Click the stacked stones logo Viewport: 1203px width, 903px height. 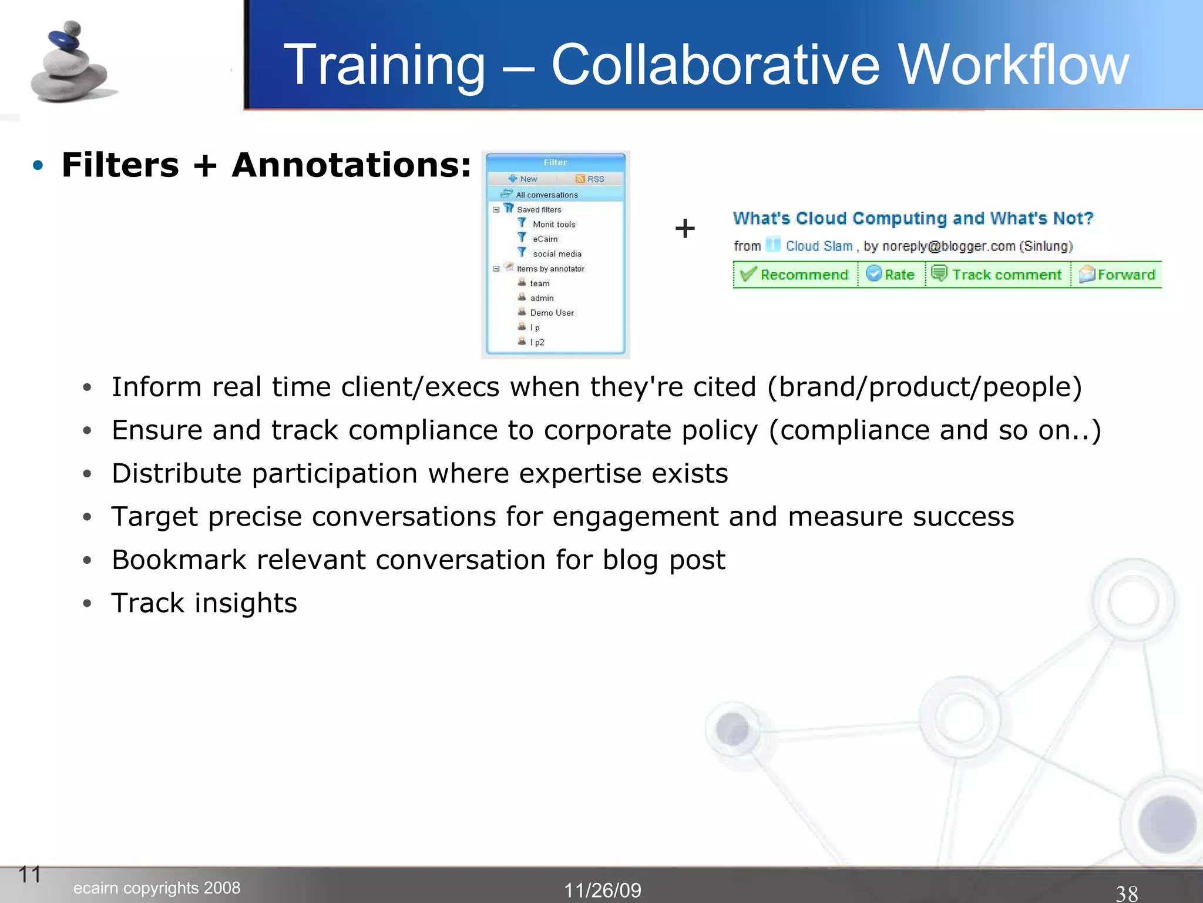[70, 62]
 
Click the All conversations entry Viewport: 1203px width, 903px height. [546, 195]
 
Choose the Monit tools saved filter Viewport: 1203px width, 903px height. [553, 224]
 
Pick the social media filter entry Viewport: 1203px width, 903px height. [556, 253]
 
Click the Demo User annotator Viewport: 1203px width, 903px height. [551, 313]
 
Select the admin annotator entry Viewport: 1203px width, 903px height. [541, 298]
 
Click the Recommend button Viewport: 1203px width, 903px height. [795, 275]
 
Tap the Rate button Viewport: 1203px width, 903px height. [891, 275]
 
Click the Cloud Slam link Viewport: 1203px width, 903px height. [818, 246]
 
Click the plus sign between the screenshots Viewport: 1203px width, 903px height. [685, 228]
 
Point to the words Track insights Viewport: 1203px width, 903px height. [204, 603]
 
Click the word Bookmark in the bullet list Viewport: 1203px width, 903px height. [179, 560]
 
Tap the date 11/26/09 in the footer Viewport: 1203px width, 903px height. [602, 890]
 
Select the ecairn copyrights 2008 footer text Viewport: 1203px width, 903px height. [157, 888]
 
